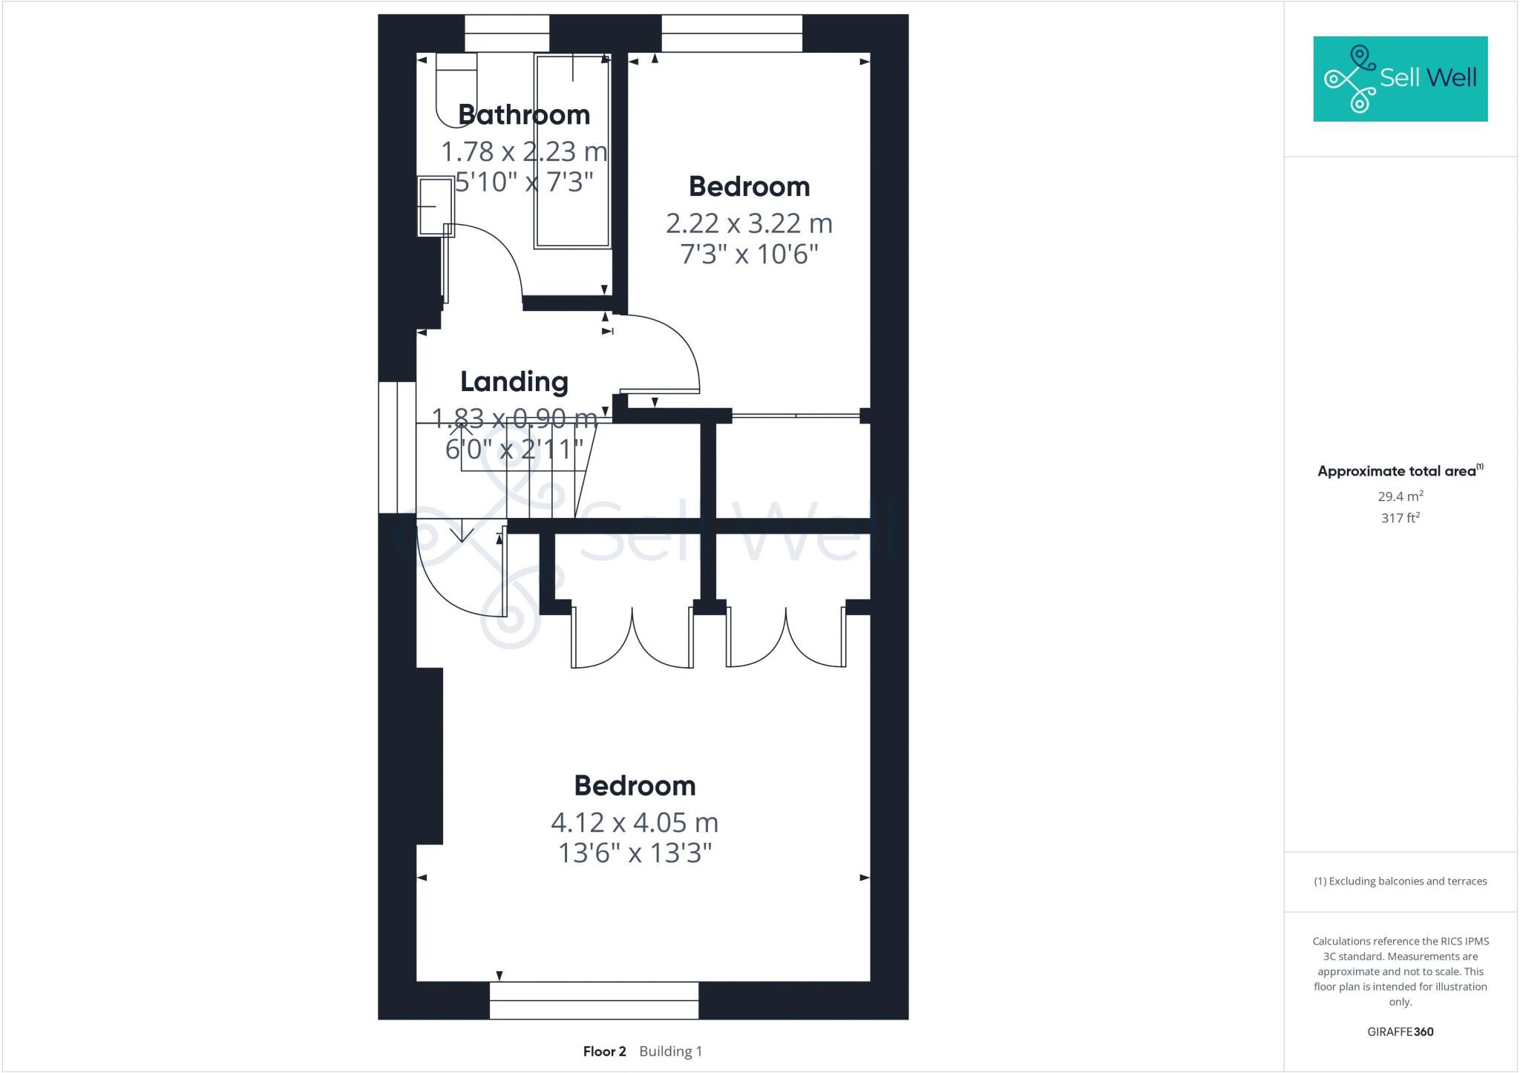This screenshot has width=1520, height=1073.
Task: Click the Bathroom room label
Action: pos(524,115)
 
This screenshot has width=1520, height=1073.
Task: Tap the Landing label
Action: pos(514,381)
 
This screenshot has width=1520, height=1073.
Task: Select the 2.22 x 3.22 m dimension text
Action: pos(749,223)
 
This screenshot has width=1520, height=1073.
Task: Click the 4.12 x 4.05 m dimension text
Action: pos(635,823)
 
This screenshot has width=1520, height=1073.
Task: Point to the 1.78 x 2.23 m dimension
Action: pos(524,152)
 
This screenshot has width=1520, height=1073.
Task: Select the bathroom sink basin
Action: pos(435,206)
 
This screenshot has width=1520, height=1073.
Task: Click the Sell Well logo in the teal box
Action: pos(1400,79)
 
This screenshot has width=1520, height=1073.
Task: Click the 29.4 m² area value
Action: pos(1400,496)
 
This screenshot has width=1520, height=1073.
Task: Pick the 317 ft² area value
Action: pos(1400,518)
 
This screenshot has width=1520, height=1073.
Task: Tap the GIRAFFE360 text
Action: pos(1400,1031)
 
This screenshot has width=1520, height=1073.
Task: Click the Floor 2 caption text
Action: pos(605,1051)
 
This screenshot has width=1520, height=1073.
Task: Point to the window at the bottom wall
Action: pos(594,1000)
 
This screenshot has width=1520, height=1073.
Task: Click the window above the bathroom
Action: pos(507,33)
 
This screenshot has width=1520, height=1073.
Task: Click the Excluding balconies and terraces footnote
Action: pos(1400,882)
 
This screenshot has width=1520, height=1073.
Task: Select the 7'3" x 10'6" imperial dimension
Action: pos(749,255)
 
